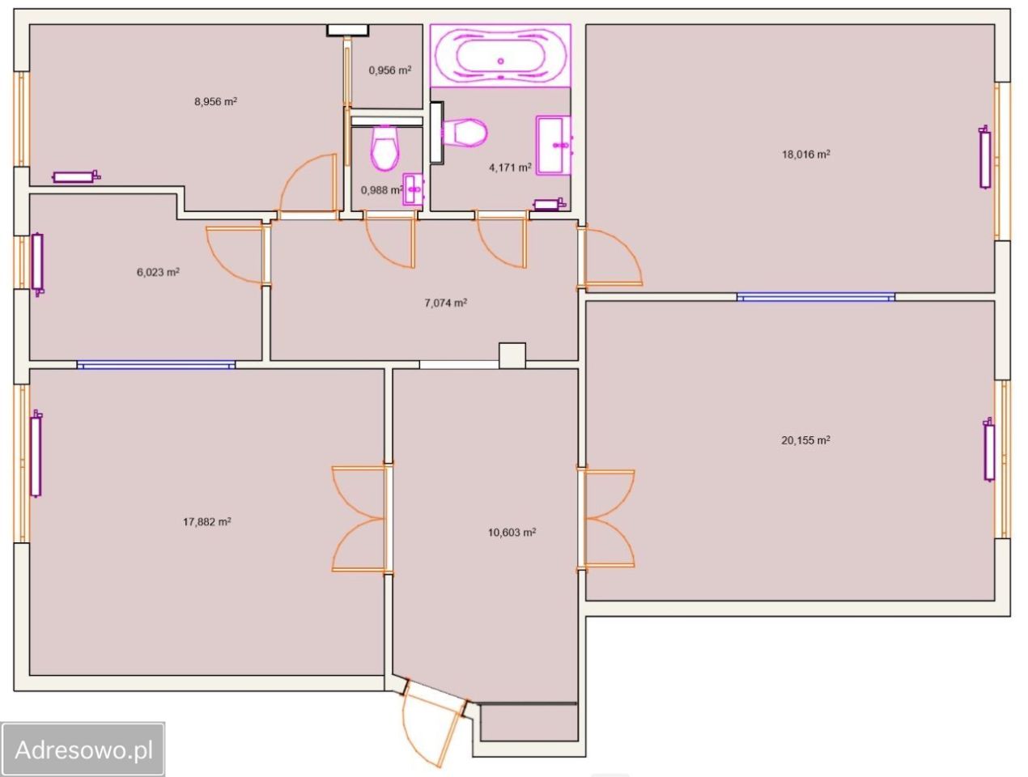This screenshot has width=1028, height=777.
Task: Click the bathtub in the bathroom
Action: (500, 56)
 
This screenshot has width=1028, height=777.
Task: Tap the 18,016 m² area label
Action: (805, 154)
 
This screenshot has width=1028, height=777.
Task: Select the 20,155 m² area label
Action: (805, 440)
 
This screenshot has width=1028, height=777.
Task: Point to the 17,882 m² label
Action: (206, 521)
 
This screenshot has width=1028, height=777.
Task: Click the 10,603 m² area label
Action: (512, 533)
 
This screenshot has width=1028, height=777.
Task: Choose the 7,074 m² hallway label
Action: (445, 303)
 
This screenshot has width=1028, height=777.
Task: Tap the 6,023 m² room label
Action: (158, 272)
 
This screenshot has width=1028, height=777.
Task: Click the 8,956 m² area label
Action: (215, 101)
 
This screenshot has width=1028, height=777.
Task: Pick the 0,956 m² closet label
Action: (389, 70)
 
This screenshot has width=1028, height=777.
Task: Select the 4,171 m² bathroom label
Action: (510, 167)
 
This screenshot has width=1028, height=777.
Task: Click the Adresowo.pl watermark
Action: (84, 749)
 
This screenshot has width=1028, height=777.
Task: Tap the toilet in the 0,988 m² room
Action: (384, 148)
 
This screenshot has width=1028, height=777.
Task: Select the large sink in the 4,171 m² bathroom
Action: (554, 145)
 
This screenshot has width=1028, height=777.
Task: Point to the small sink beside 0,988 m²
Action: (413, 189)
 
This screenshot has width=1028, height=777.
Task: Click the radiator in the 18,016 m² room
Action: (985, 157)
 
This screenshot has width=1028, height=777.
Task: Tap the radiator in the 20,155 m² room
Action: (988, 449)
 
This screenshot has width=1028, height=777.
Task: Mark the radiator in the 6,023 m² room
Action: (37, 264)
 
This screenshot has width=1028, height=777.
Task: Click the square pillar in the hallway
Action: (512, 356)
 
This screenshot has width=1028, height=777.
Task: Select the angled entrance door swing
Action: (431, 725)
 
